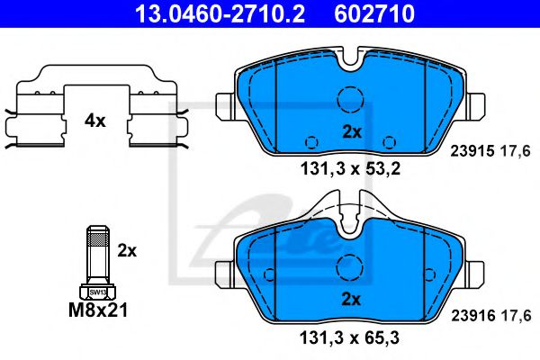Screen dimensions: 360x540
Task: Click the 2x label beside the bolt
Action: [127, 251]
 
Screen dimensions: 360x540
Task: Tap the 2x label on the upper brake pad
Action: [351, 131]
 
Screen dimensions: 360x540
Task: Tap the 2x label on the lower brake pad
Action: [351, 299]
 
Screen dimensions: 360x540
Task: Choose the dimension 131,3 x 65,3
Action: [351, 337]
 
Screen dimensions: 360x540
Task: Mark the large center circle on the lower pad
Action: [350, 267]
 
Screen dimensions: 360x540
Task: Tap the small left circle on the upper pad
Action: [310, 141]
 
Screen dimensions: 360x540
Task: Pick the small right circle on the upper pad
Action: [390, 141]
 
